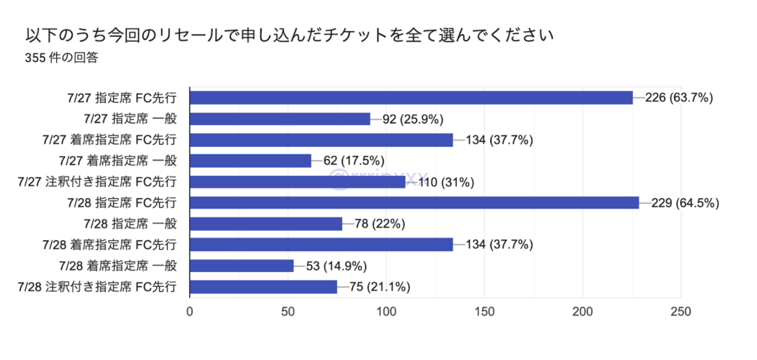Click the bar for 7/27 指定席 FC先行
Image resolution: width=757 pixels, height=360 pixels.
[x=411, y=98]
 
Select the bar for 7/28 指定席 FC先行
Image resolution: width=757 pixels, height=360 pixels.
[x=414, y=203]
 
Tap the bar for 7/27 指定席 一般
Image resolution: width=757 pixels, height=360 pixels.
[x=280, y=118]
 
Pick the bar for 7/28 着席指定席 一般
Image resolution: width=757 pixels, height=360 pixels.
[x=242, y=265]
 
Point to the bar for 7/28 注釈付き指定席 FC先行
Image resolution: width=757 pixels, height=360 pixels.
[x=263, y=287]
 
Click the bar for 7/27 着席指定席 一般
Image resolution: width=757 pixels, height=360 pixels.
[x=251, y=160]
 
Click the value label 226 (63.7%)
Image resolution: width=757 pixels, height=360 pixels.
[x=679, y=98]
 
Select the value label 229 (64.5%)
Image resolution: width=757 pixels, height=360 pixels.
[x=685, y=203]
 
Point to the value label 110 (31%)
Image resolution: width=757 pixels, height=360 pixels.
[x=447, y=182]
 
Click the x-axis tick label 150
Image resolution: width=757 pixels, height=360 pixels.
[x=485, y=312]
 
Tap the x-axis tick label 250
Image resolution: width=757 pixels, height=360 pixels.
[x=681, y=312]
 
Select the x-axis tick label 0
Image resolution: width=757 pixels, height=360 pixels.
[x=190, y=312]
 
